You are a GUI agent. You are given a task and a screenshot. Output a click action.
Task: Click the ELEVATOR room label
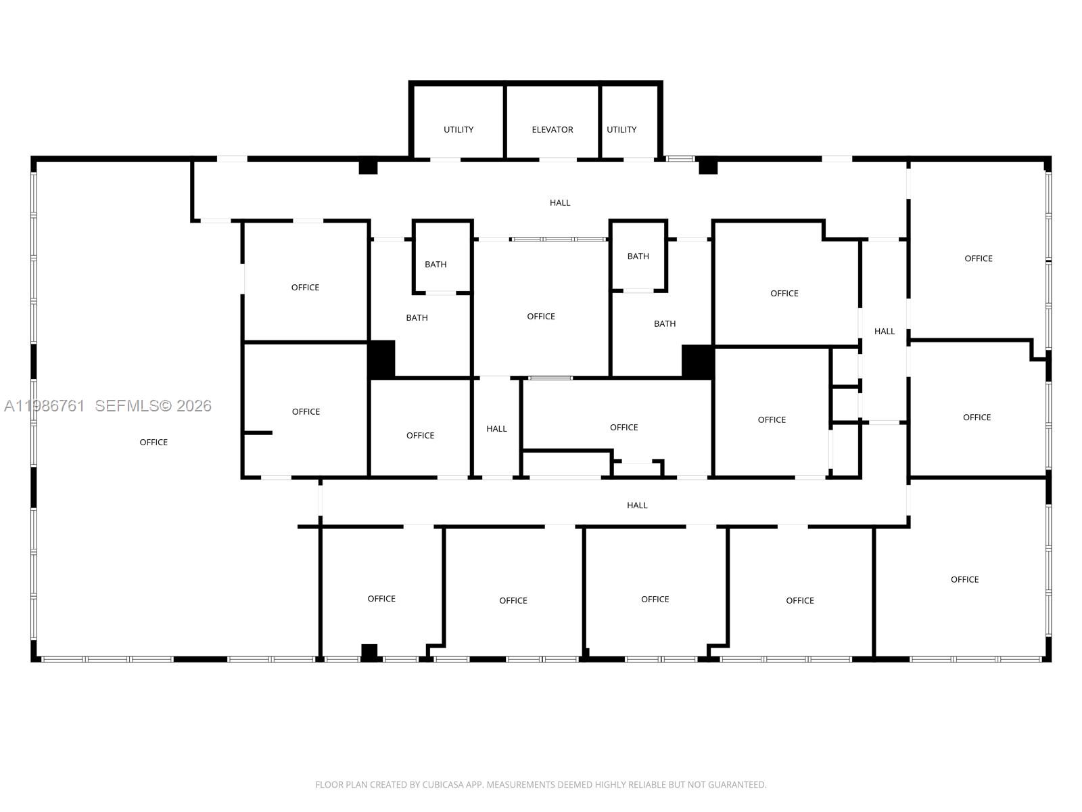coord(552,130)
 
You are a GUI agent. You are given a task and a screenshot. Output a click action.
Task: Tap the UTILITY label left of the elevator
coord(458,130)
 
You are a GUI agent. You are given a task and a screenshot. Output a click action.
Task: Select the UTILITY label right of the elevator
coord(621,130)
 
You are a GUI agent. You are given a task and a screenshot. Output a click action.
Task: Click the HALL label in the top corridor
coord(560,202)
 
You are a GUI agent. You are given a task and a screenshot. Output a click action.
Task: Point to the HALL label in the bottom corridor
coord(637,505)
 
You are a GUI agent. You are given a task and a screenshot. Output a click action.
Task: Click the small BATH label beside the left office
coord(436,265)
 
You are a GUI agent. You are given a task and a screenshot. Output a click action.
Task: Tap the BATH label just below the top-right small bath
coord(665,324)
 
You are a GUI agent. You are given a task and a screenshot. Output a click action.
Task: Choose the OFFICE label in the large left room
coord(154,443)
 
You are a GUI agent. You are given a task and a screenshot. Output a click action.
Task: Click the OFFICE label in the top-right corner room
coord(979,258)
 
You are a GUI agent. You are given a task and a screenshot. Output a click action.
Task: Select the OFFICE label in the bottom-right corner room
coord(965,579)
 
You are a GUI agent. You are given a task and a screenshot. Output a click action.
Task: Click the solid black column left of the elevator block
coord(368,166)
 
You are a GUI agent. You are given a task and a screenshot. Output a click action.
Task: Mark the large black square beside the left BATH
coord(381,359)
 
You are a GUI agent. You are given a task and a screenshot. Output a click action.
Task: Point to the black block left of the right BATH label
coord(697,362)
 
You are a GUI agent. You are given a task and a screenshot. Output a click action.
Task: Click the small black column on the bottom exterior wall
coord(369,652)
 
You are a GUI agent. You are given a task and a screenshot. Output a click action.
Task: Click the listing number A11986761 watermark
coord(45,406)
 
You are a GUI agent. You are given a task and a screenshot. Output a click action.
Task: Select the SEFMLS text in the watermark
coord(127,406)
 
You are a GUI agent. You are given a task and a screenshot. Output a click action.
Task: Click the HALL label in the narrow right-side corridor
coord(885,332)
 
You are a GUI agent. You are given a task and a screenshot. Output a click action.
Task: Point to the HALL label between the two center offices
coord(496,429)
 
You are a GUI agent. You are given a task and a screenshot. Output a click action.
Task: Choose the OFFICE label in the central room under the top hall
coord(541,317)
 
